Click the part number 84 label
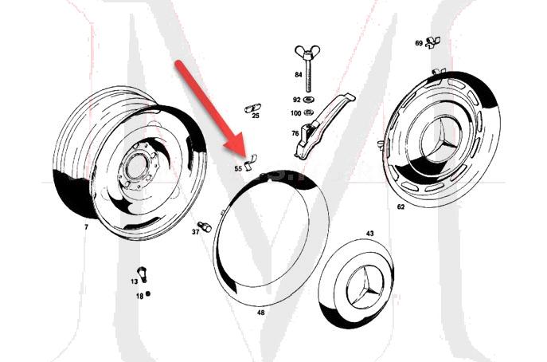[298, 74]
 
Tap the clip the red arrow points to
[251, 158]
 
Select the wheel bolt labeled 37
[205, 226]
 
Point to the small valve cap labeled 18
[147, 294]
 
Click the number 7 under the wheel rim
[86, 227]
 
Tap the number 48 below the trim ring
[260, 313]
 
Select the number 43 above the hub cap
[369, 234]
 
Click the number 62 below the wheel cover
[400, 207]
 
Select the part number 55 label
[237, 168]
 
